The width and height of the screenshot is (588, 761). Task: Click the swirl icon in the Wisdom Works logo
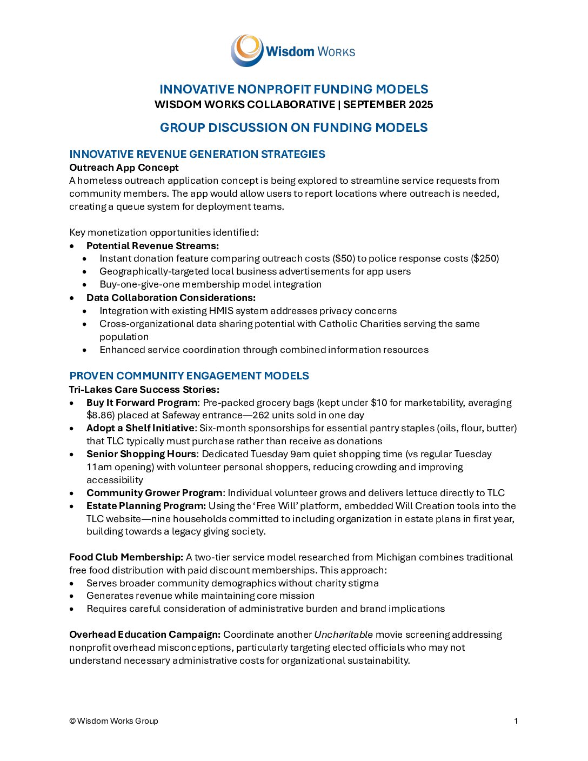point(247,50)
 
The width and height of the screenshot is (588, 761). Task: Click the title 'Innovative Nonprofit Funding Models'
point(293,89)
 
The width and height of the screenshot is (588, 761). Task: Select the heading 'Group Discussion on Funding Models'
point(293,128)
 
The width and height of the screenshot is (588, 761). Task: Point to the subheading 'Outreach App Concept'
point(124,168)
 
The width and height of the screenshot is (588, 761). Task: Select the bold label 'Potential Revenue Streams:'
point(152,246)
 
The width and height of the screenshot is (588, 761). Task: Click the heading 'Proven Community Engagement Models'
point(189,376)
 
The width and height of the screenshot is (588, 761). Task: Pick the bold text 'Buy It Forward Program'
point(142,403)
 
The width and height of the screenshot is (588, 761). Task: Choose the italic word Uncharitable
point(343,635)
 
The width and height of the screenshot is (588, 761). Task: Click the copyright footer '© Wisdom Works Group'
point(113,721)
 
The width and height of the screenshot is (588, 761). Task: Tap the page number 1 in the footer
point(516,721)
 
